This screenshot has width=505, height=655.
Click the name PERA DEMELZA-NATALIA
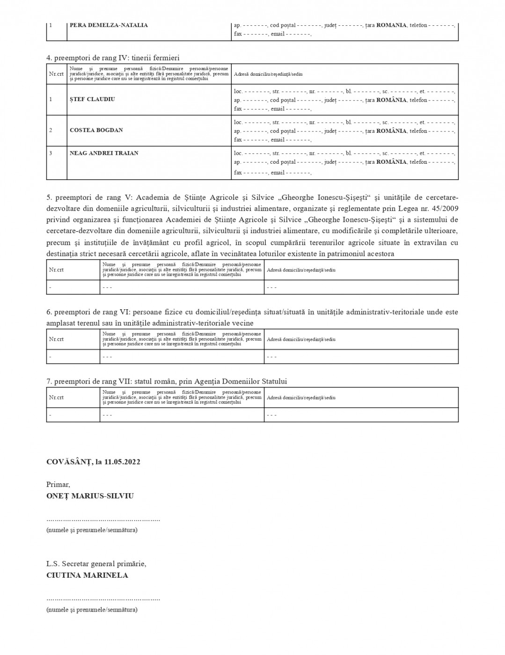[x=109, y=25]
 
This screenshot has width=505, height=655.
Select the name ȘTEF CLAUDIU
[x=92, y=99]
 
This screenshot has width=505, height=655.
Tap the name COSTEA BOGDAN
[x=96, y=130]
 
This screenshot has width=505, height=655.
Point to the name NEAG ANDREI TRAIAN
[x=104, y=153]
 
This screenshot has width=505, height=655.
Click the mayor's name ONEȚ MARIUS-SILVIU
[x=90, y=496]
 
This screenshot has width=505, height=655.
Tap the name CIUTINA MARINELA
[x=87, y=575]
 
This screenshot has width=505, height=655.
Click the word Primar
[x=58, y=485]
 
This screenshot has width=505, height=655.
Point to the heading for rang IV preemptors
[x=113, y=58]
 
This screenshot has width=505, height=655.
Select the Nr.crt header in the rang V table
[x=56, y=270]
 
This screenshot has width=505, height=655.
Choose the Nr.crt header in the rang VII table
[x=56, y=397]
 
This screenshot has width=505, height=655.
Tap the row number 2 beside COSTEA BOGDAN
[x=51, y=130]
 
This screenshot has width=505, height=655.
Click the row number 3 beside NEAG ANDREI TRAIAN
[x=51, y=153]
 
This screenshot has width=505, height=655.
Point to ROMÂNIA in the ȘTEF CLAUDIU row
[x=391, y=100]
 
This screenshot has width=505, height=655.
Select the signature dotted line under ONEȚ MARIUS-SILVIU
[x=103, y=520]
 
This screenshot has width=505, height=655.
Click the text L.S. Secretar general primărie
[x=96, y=564]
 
